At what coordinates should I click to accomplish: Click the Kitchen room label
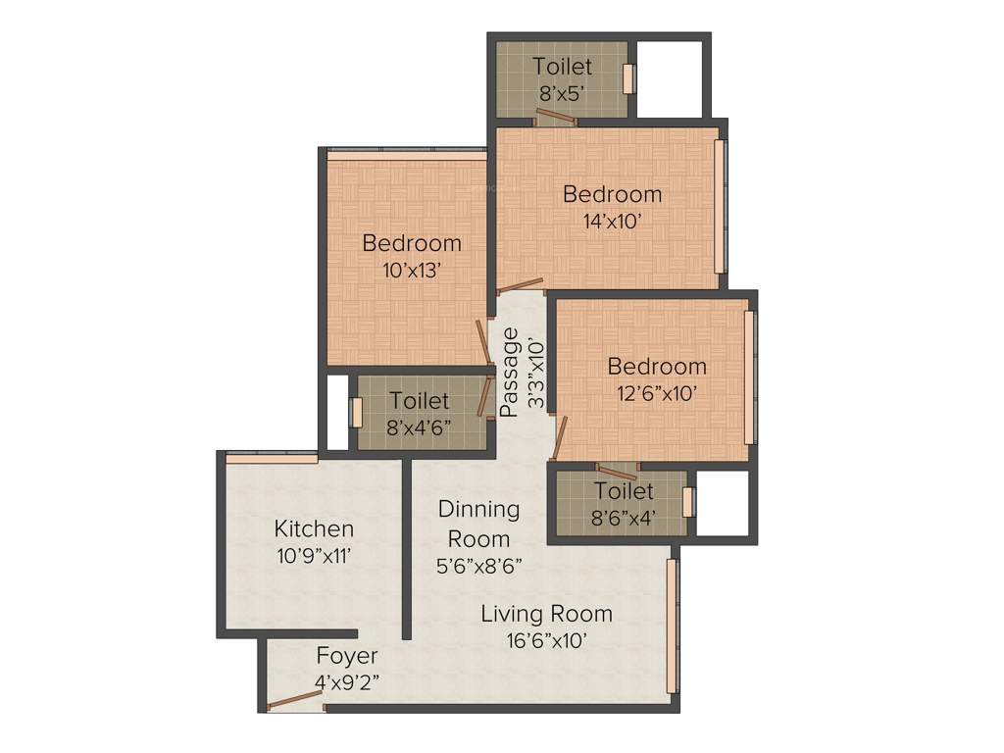pyautogui.click(x=314, y=529)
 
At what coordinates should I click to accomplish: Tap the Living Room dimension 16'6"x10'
pyautogui.click(x=546, y=641)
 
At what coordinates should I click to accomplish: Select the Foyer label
pyautogui.click(x=346, y=655)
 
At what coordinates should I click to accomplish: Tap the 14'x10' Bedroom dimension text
pyautogui.click(x=612, y=222)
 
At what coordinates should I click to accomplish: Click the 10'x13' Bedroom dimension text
pyautogui.click(x=412, y=271)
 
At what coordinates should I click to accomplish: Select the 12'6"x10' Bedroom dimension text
pyautogui.click(x=657, y=394)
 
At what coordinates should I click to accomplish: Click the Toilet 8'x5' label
pyautogui.click(x=563, y=67)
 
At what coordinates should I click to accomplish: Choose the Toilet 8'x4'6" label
pyautogui.click(x=420, y=401)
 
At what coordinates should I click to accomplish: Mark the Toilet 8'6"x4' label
pyautogui.click(x=624, y=490)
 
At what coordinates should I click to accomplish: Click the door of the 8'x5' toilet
pyautogui.click(x=555, y=118)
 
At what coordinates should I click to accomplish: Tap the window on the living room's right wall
pyautogui.click(x=673, y=625)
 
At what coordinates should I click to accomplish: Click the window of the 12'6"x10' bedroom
pyautogui.click(x=749, y=377)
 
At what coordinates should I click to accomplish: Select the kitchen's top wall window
pyautogui.click(x=272, y=457)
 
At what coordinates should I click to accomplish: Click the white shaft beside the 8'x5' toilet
pyautogui.click(x=668, y=79)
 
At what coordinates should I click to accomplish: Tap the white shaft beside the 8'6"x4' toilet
pyautogui.click(x=722, y=502)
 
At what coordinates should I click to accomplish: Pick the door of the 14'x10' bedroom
pyautogui.click(x=521, y=287)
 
